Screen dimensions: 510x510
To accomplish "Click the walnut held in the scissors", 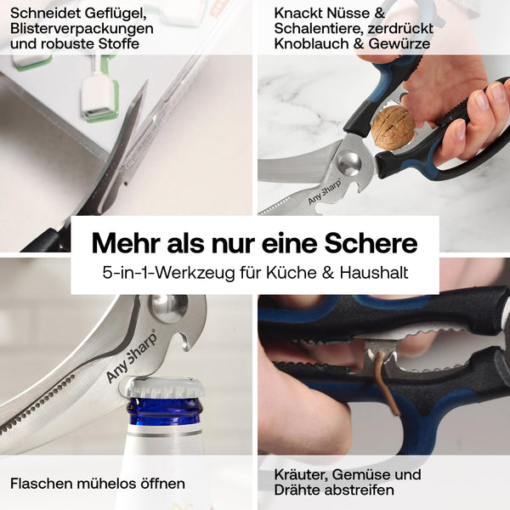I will pos(393,127).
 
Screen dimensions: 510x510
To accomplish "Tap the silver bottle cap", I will pos(166,388).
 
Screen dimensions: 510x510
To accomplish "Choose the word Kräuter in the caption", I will pos(299,474).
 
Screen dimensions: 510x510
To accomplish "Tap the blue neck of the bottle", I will pos(166,411).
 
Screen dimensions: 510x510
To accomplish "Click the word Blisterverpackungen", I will pos(82,29).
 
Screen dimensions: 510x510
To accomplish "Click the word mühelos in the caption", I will pos(107,484).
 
